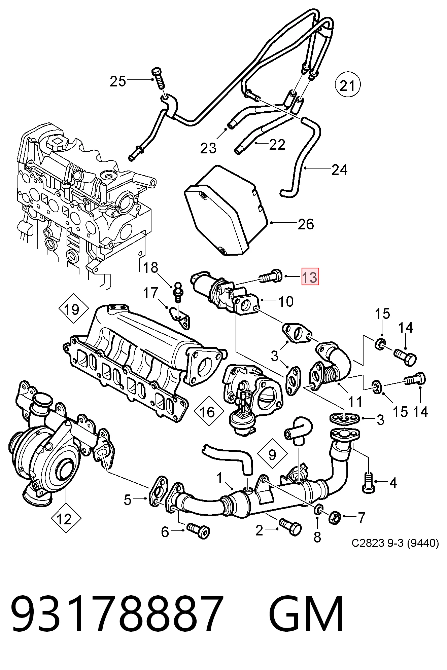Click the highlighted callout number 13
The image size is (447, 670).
(x=310, y=277)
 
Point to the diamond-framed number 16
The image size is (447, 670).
(x=209, y=411)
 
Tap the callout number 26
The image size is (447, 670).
(x=306, y=224)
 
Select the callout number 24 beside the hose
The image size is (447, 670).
(x=339, y=170)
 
